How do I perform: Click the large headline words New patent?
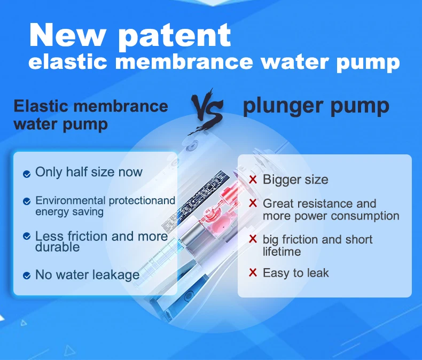pyautogui.click(x=130, y=35)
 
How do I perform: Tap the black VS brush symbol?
pyautogui.click(x=207, y=111)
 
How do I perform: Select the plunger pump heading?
pyautogui.click(x=316, y=106)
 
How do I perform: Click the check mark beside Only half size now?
pyautogui.click(x=27, y=174)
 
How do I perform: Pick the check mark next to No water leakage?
pyautogui.click(x=27, y=276)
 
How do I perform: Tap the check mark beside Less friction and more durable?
pyautogui.click(x=27, y=236)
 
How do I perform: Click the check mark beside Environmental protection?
pyautogui.click(x=27, y=201)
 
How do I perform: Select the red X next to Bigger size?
pyautogui.click(x=253, y=179)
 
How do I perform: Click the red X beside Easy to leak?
pyautogui.click(x=253, y=272)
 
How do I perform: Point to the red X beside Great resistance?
pyautogui.click(x=253, y=203)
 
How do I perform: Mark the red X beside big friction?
pyautogui.click(x=253, y=239)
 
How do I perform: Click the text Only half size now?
pyautogui.click(x=89, y=172)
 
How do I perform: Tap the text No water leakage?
pyautogui.click(x=88, y=275)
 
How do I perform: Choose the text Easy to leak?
pyautogui.click(x=296, y=273)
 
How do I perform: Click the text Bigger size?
pyautogui.click(x=295, y=179)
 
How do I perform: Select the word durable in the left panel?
pyautogui.click(x=57, y=247)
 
